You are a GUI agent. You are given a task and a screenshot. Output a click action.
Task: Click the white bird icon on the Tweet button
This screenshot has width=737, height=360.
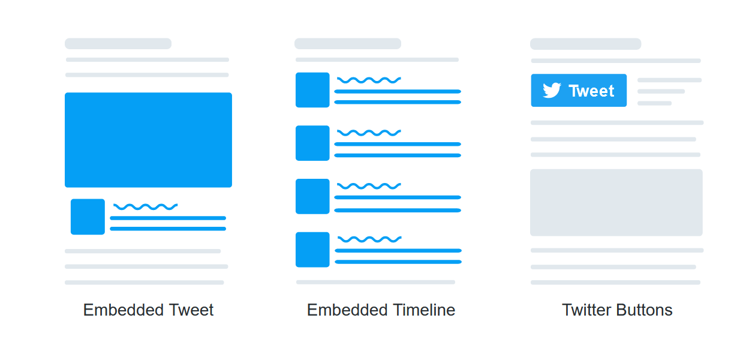[552, 91]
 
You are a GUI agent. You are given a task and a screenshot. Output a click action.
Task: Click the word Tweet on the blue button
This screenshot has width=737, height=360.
[591, 91]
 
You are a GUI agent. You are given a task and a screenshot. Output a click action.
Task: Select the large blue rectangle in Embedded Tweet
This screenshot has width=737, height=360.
[148, 140]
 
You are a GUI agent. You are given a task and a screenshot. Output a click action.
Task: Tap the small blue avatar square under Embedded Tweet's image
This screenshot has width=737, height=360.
[88, 217]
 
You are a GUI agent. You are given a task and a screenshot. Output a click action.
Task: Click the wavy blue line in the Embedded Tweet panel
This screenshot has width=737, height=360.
[145, 206]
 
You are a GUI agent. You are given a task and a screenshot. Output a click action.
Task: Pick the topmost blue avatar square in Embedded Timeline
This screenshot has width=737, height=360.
[312, 90]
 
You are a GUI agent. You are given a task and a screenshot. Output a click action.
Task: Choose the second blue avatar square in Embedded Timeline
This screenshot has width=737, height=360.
[312, 143]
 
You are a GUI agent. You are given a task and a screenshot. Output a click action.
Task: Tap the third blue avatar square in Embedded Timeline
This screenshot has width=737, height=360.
[312, 196]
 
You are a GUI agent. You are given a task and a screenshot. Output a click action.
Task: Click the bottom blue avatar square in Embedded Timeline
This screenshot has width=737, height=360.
[312, 250]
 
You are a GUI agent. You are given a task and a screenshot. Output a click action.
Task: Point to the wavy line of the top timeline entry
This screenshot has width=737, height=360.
[369, 80]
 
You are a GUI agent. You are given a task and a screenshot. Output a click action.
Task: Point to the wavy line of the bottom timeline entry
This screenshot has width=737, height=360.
[369, 239]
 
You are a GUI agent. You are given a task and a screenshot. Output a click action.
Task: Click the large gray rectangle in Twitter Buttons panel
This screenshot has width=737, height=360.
[616, 202]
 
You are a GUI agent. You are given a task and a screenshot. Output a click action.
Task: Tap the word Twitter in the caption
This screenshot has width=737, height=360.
[587, 310]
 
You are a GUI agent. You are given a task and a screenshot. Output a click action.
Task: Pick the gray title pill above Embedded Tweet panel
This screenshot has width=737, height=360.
[118, 44]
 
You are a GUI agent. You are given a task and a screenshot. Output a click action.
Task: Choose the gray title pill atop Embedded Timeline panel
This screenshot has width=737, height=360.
[348, 44]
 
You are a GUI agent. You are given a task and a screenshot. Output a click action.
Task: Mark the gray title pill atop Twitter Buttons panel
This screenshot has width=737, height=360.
[585, 44]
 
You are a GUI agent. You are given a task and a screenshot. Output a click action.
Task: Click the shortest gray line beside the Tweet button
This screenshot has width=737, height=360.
[654, 103]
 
